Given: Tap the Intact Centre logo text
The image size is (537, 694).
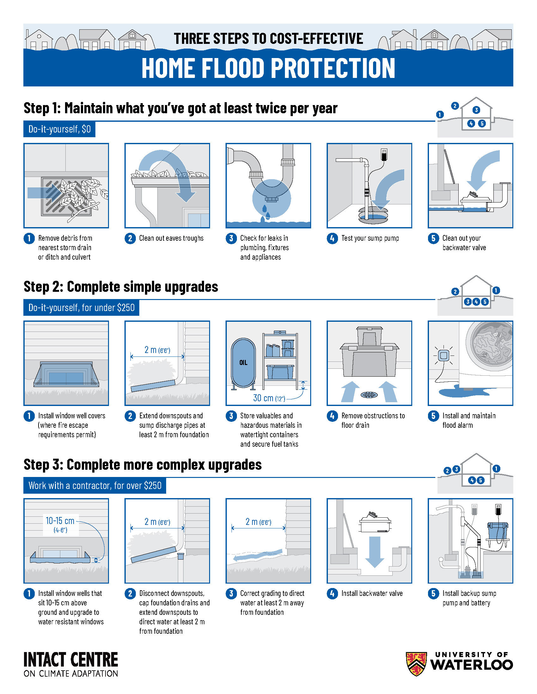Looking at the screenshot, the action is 71,664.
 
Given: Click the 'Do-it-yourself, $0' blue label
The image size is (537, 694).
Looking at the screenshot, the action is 59,129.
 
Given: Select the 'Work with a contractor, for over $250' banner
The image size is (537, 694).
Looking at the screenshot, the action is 95,485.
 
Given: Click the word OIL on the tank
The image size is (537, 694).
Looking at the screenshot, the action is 243,362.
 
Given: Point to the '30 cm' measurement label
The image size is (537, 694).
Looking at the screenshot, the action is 263,398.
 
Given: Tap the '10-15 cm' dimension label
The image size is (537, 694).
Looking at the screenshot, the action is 60,520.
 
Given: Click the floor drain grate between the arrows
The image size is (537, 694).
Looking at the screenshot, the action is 369,395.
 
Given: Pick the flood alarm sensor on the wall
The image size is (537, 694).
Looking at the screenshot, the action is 443,355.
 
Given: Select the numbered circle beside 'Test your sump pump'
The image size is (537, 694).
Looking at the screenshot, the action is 332,238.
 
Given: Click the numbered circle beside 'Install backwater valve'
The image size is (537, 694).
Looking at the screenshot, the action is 332,593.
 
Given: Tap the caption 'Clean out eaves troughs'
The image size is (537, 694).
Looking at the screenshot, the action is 171,238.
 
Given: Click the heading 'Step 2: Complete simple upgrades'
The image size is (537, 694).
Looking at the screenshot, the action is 121,287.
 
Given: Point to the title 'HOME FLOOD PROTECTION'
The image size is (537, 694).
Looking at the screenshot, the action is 268,68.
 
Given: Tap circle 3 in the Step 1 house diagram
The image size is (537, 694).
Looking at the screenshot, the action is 476,110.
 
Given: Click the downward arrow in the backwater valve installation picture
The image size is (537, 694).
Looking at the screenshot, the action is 375,552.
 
